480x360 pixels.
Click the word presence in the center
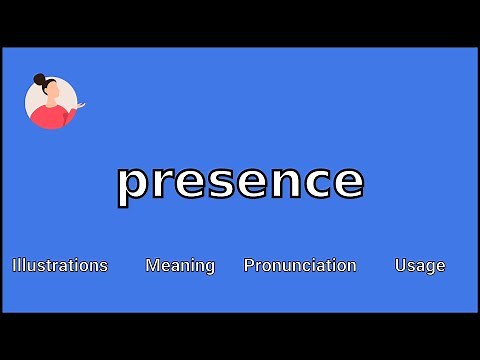tap(240, 182)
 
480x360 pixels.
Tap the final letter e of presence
tap(348, 183)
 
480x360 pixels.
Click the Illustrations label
tap(60, 265)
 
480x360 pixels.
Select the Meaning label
tap(180, 265)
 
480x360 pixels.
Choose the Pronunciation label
tap(300, 265)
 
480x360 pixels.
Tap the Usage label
tap(420, 265)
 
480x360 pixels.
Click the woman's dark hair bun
tap(39, 79)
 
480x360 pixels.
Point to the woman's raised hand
tap(81, 105)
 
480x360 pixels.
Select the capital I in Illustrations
tap(14, 265)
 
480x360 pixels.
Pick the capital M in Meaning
tap(152, 265)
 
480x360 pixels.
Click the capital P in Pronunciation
tap(249, 265)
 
